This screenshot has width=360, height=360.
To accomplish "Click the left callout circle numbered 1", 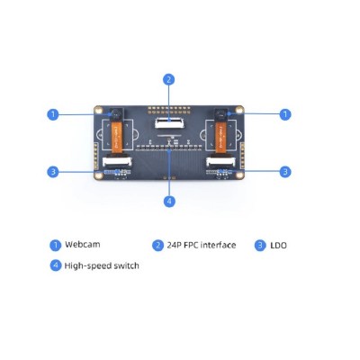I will (x=53, y=114).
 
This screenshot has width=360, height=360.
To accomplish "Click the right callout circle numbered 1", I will (x=285, y=114).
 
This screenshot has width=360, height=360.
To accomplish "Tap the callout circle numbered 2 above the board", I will (x=169, y=78).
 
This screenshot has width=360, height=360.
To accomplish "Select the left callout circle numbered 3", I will (x=53, y=171).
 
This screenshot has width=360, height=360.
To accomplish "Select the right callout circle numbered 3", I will (x=285, y=171).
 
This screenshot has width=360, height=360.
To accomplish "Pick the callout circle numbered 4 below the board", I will (x=169, y=201).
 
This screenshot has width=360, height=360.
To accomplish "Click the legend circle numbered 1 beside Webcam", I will (x=55, y=245).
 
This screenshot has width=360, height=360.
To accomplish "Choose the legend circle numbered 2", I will (x=157, y=245).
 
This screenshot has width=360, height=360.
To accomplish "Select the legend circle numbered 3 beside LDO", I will (x=261, y=245).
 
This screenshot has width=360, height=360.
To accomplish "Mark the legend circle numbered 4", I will (x=55, y=265).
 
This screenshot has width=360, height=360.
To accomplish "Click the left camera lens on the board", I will (x=114, y=115).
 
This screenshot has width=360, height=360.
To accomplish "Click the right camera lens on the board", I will (x=219, y=115).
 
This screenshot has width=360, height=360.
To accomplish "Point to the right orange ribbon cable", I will (x=220, y=138).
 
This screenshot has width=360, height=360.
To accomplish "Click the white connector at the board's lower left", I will (x=115, y=163).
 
